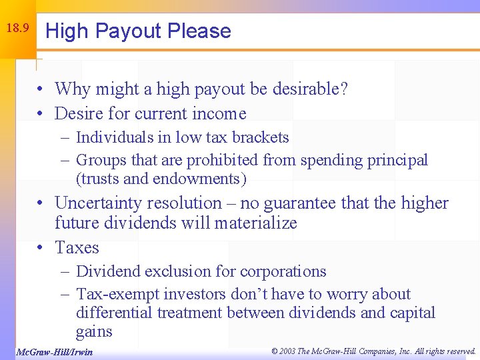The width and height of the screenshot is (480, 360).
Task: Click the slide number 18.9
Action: tap(17, 29)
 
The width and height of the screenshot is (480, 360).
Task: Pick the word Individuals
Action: tap(114, 137)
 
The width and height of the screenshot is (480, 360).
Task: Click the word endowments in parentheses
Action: tap(199, 179)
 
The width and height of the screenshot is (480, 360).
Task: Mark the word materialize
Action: tap(255, 223)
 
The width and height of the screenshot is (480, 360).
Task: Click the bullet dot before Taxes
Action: tap(41, 248)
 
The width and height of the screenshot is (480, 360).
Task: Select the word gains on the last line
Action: tap(94, 331)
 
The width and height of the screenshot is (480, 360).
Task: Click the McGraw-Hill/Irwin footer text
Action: tap(54, 352)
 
